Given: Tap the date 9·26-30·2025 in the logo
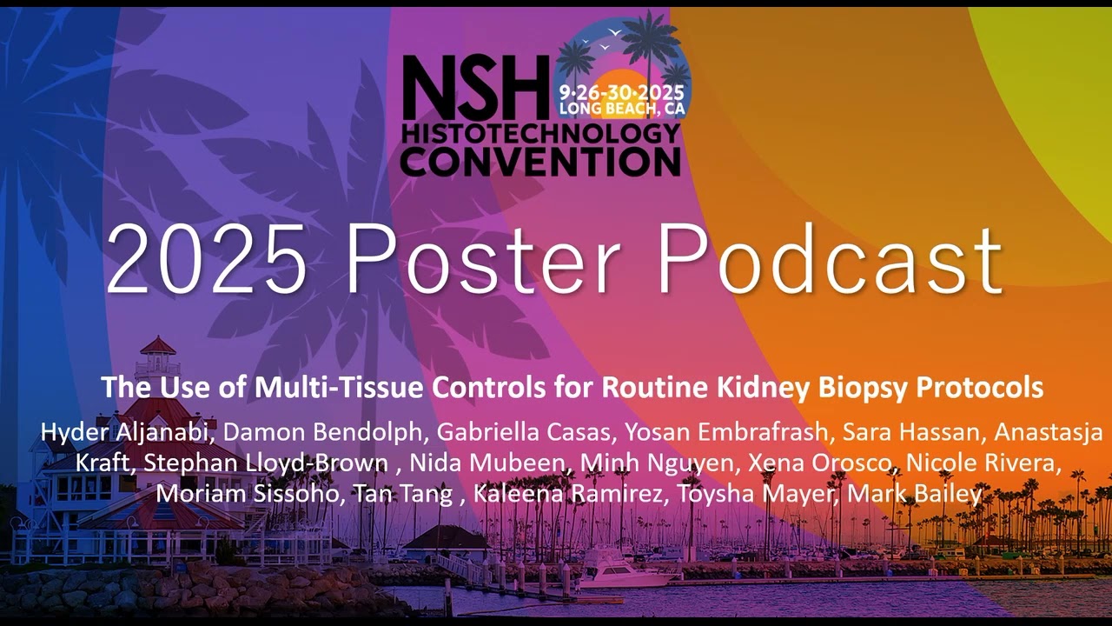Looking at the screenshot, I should click(621, 92).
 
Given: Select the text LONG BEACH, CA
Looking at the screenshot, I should click(621, 109).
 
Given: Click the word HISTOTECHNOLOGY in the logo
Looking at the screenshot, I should click(540, 133).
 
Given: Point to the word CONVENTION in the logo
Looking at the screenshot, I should click(540, 161).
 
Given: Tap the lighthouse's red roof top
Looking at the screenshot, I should click(157, 345).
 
